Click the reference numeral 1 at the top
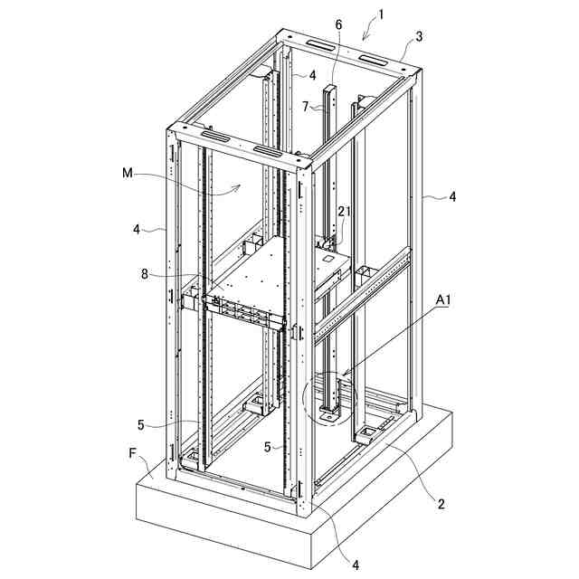382,14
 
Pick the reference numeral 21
343,211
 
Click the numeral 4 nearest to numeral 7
312,75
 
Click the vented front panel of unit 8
244,311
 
